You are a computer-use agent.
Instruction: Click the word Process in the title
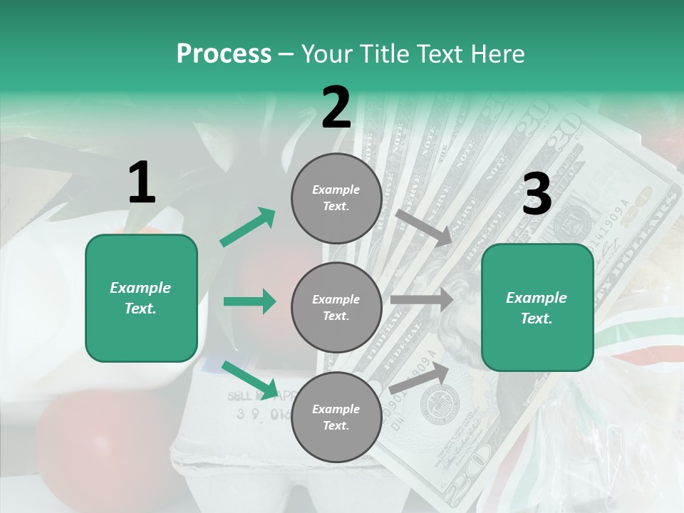224,54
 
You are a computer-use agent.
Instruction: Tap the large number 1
142,184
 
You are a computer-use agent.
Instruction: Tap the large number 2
336,108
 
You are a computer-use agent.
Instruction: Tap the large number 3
537,195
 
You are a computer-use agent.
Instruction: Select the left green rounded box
141,298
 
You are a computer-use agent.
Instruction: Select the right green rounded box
537,307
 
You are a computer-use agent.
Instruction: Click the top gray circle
336,198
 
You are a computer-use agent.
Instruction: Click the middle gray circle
336,307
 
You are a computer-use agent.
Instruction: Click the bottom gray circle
336,417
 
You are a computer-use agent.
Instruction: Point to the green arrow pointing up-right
248,227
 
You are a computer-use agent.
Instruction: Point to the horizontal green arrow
249,301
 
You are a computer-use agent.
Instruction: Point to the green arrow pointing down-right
250,380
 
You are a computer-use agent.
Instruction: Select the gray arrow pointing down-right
423,227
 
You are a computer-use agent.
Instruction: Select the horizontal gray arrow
422,299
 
